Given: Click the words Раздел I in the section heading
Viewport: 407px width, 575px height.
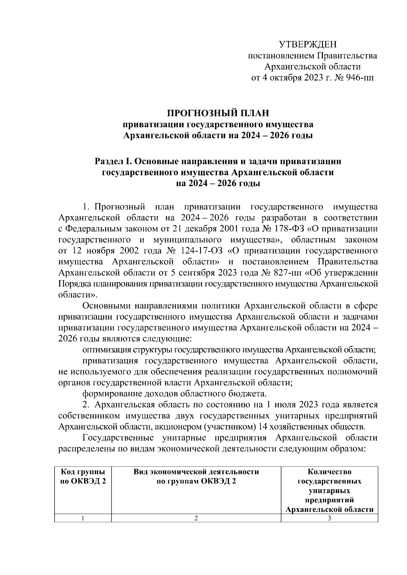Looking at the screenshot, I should (x=110, y=161).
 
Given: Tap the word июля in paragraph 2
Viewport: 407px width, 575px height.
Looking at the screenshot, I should (x=294, y=404).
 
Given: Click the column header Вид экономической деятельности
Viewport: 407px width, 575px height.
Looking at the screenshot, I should (x=196, y=476).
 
